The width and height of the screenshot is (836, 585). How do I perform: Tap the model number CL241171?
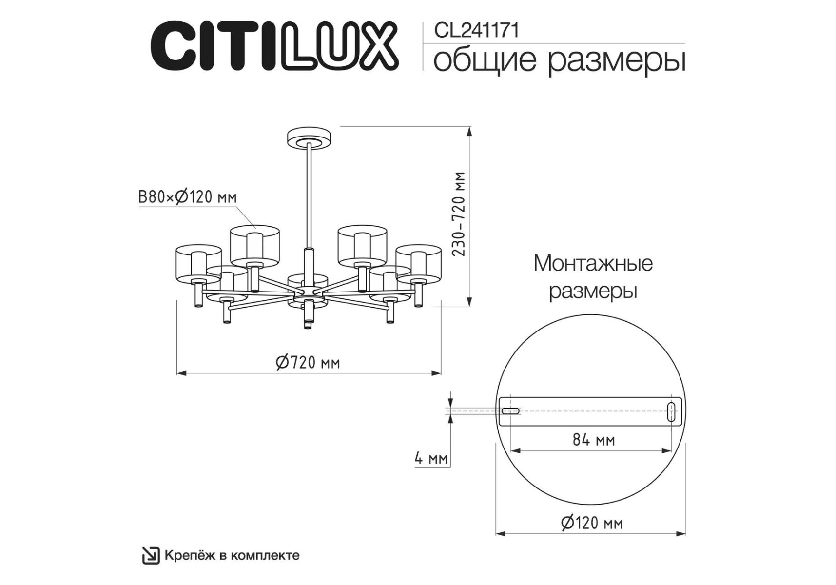476,31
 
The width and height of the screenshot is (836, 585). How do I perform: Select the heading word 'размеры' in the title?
617,61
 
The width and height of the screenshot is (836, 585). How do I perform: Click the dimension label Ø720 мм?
308,362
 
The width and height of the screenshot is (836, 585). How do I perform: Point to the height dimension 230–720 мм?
459,214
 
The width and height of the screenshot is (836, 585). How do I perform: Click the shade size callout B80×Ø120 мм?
188,197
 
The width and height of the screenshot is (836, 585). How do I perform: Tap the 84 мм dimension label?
593,440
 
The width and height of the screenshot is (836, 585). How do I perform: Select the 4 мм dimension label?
431,458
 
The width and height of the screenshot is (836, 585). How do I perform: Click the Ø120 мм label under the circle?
592,523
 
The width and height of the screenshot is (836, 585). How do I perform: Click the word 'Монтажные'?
593,263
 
